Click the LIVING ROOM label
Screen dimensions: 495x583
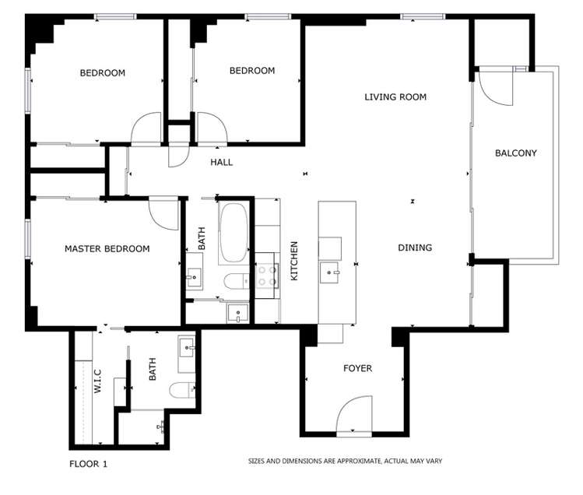pyautogui.click(x=395, y=97)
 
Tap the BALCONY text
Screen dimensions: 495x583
pyautogui.click(x=516, y=153)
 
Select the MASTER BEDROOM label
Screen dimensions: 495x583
pyautogui.click(x=107, y=249)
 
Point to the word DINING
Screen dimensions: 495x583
pyautogui.click(x=415, y=247)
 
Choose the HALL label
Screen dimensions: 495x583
pyautogui.click(x=221, y=163)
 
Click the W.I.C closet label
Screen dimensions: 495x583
pyautogui.click(x=99, y=381)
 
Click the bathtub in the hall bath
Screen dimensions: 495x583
pyautogui.click(x=233, y=233)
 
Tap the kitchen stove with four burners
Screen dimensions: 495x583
pyautogui.click(x=268, y=276)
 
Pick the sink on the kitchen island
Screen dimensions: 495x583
pyautogui.click(x=332, y=272)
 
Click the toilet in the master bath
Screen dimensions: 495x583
pyautogui.click(x=182, y=391)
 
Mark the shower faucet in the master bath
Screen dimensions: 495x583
pyautogui.click(x=162, y=426)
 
